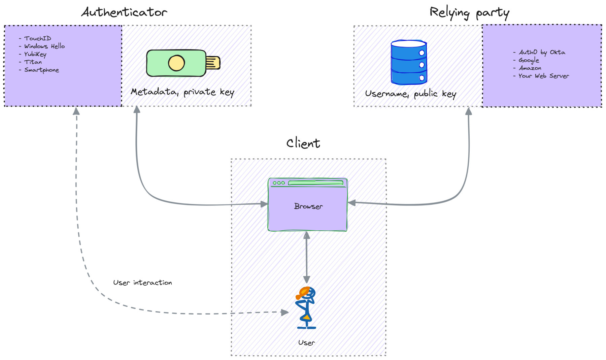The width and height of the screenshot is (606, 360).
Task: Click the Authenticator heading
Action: pyautogui.click(x=124, y=12)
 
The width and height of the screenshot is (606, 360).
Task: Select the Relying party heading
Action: pyautogui.click(x=469, y=13)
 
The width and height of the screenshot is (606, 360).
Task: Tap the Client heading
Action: pyautogui.click(x=303, y=143)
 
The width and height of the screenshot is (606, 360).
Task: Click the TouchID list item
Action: pyautogui.click(x=37, y=38)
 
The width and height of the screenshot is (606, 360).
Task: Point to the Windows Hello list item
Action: pyautogui.click(x=44, y=46)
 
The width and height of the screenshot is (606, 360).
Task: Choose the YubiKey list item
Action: pyautogui.click(x=35, y=54)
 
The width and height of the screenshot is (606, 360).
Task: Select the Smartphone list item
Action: pyautogui.click(x=41, y=70)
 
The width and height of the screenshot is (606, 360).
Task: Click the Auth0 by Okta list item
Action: pyautogui.click(x=541, y=52)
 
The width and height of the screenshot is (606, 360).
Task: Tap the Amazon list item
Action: pyautogui.click(x=530, y=68)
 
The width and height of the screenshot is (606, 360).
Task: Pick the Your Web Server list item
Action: pyautogui.click(x=543, y=76)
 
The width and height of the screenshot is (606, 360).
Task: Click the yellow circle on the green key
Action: pyautogui.click(x=176, y=63)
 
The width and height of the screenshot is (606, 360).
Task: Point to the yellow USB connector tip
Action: pyautogui.click(x=213, y=63)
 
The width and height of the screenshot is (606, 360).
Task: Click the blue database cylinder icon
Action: pyautogui.click(x=409, y=62)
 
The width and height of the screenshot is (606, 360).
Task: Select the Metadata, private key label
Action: pyautogui.click(x=182, y=92)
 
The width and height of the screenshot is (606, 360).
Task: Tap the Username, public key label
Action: pyautogui.click(x=410, y=94)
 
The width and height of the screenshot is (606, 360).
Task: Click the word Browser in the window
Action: pyautogui.click(x=308, y=206)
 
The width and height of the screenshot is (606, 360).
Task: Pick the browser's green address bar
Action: pyautogui.click(x=315, y=183)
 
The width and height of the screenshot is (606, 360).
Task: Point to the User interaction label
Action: pyautogui.click(x=142, y=283)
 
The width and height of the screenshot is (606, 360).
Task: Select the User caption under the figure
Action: pyautogui.click(x=306, y=343)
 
